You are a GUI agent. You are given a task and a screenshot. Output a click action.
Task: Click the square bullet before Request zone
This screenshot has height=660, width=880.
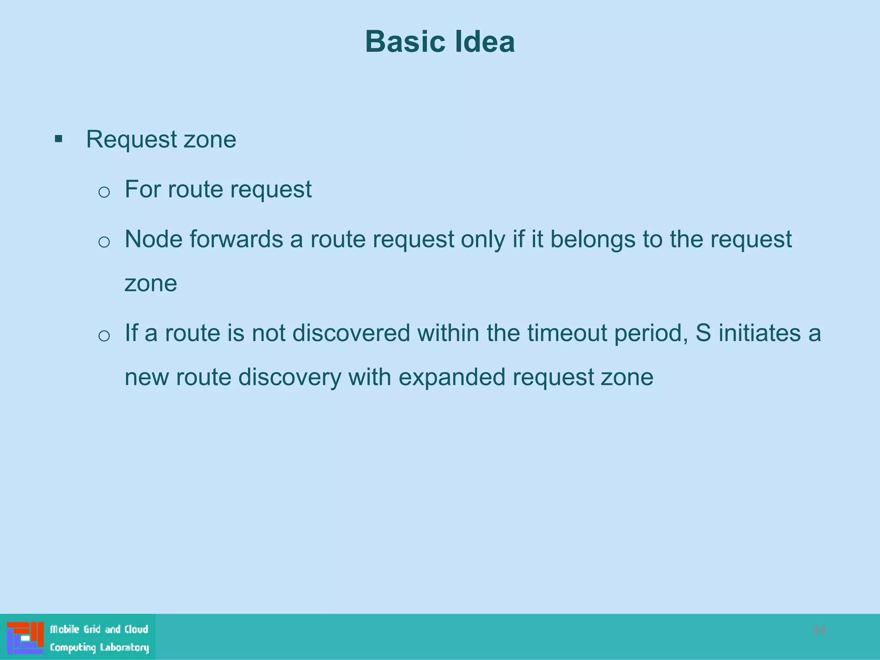tap(59, 139)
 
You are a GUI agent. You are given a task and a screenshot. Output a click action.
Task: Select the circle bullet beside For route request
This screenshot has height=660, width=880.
tap(104, 192)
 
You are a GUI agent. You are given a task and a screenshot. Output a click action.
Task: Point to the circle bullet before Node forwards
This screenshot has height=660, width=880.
tap(104, 242)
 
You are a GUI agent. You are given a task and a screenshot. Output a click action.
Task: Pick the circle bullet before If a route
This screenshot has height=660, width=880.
tap(104, 336)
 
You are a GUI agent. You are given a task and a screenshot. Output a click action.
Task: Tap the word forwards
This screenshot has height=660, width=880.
tap(236, 239)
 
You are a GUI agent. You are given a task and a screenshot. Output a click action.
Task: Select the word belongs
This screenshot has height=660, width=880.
tap(593, 239)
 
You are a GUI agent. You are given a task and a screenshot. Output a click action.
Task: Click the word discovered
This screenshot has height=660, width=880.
tap(351, 333)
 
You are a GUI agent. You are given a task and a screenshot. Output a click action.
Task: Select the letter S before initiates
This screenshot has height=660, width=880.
tap(703, 333)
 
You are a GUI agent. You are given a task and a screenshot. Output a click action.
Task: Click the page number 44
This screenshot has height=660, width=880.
tap(819, 630)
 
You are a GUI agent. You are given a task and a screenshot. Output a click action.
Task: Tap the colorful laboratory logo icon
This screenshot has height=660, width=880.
tap(25, 638)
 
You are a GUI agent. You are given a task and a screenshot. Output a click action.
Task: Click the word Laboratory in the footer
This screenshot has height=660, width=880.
tap(125, 647)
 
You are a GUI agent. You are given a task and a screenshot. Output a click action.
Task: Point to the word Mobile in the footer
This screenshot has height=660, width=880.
tap(65, 629)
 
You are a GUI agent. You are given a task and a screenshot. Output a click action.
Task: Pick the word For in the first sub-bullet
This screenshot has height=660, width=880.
tap(143, 189)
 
